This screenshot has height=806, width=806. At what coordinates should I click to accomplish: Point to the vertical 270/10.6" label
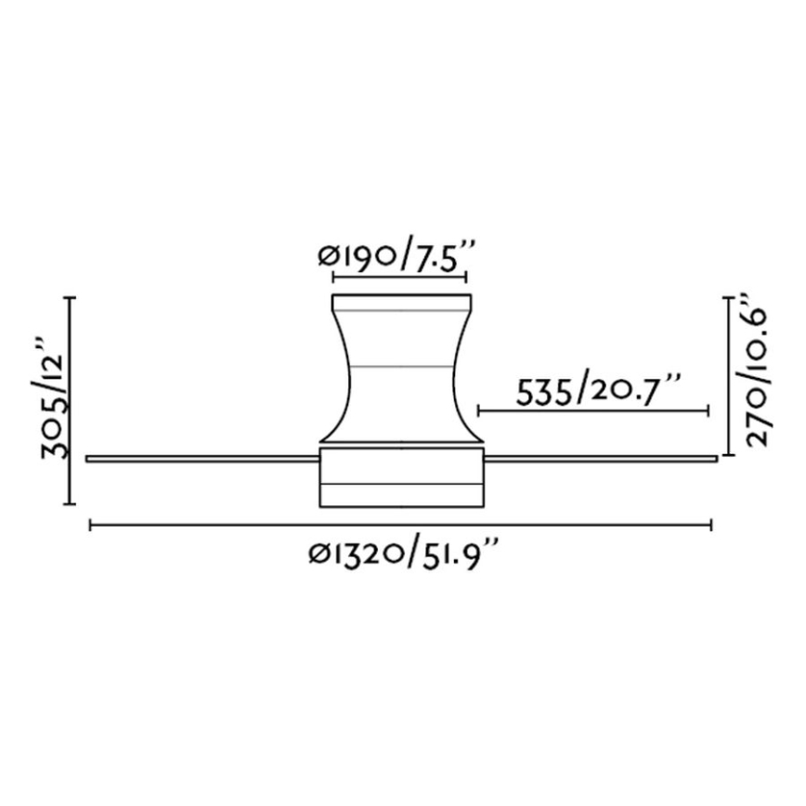tap(750, 371)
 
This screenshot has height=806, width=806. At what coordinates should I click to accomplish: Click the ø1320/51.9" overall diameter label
tap(402, 553)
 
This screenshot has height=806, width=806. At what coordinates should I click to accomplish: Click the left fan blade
tap(200, 458)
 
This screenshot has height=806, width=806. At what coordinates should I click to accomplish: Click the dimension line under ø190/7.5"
tap(399, 277)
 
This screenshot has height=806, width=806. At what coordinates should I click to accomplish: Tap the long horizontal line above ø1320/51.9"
tap(400, 526)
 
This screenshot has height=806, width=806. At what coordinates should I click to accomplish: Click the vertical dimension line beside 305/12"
tap(71, 400)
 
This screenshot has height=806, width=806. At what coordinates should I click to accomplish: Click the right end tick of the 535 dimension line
tap(709, 409)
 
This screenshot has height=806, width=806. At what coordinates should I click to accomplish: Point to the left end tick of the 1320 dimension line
tap(89, 526)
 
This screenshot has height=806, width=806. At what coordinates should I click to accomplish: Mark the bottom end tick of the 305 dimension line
tap(71, 503)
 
